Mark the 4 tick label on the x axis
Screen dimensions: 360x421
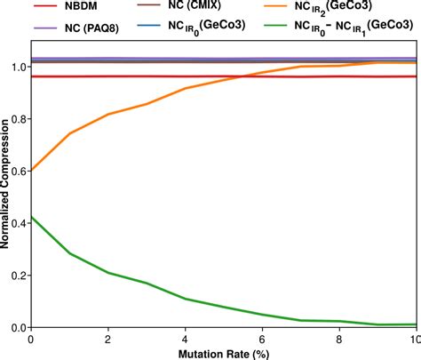(185, 339)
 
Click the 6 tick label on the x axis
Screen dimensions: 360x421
(262, 339)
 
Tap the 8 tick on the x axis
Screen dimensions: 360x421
(338, 339)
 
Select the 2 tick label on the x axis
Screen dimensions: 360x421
(107, 339)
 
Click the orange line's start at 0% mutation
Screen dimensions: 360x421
(31, 171)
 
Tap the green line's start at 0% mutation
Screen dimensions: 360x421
(31, 217)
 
